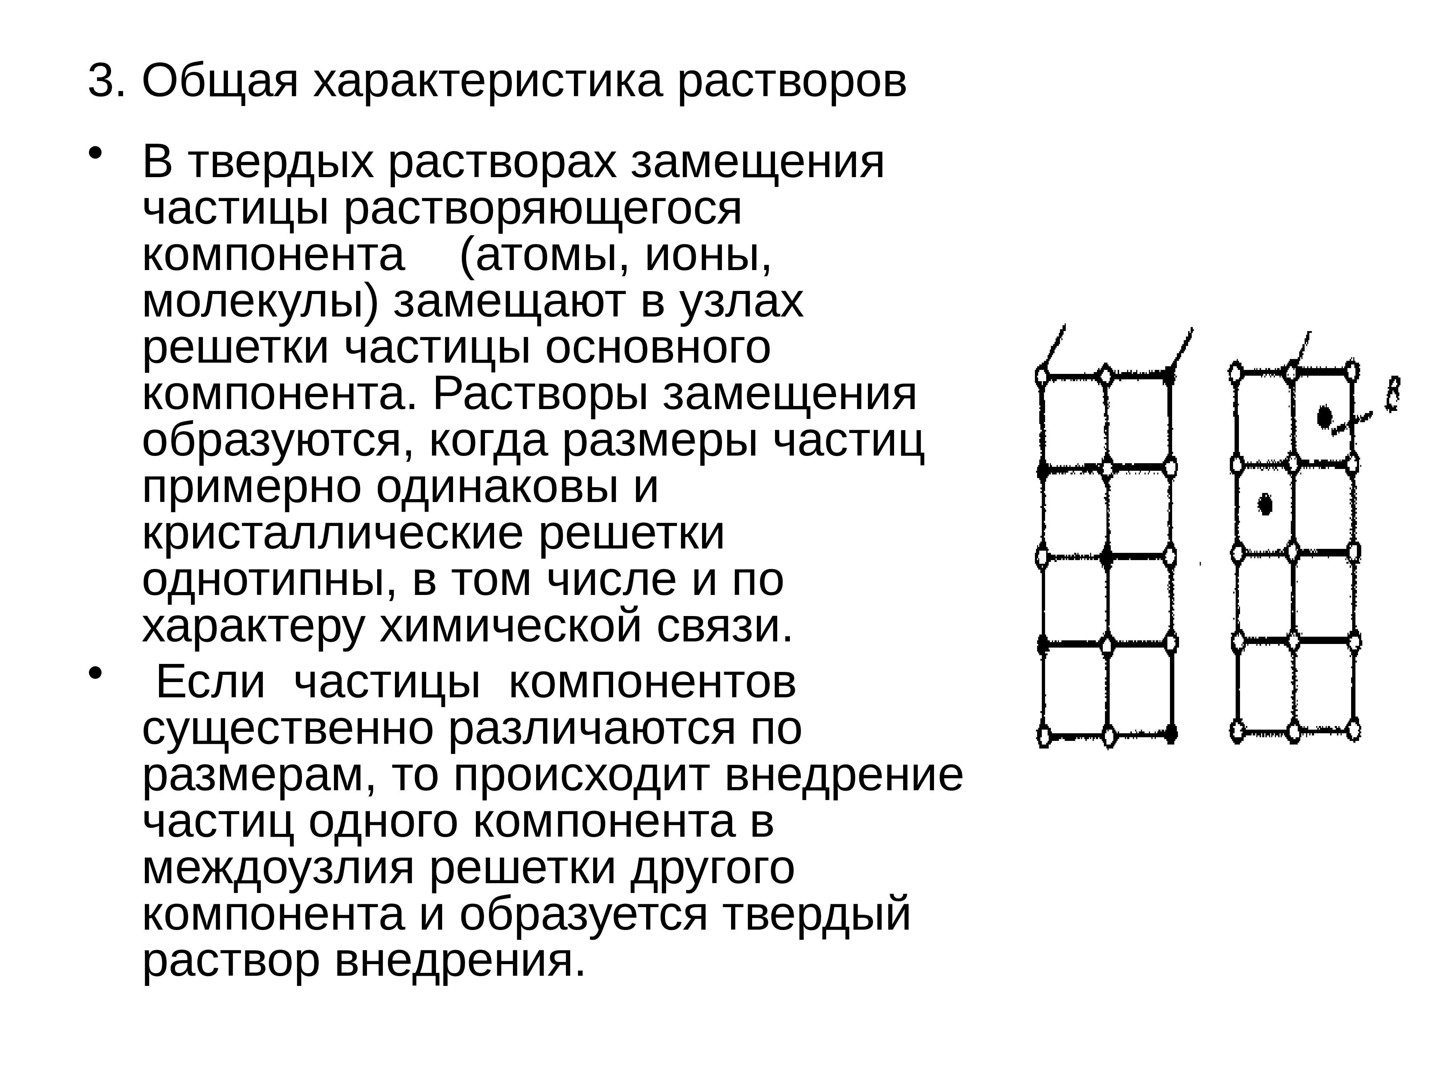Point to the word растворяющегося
pos(542,210)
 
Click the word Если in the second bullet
pos(211,683)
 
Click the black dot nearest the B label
pos(1325,417)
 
